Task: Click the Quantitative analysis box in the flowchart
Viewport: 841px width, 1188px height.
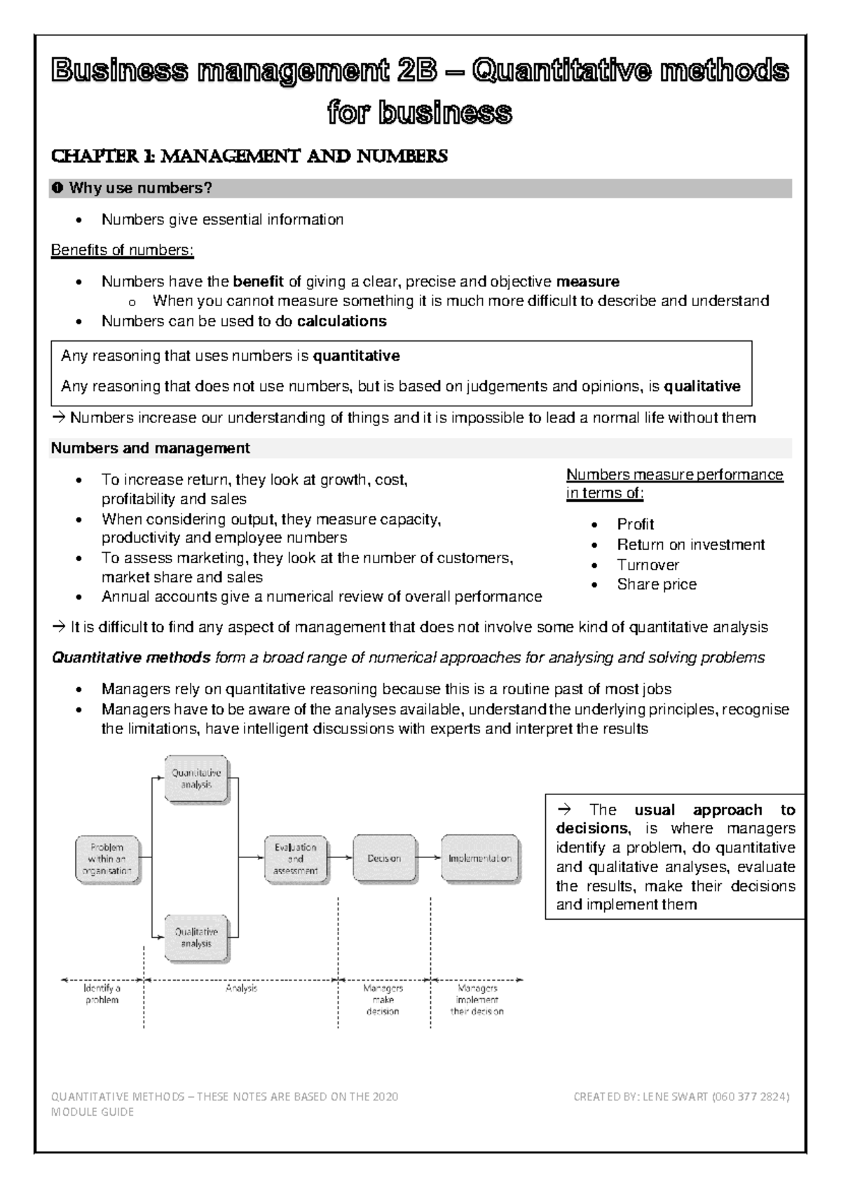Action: tap(197, 779)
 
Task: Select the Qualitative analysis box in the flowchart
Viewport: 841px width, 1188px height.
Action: tap(196, 938)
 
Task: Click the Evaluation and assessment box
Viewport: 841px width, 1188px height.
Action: tap(295, 859)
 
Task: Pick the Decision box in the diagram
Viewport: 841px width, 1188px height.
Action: tap(383, 858)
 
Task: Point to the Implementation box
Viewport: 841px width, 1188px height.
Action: tap(480, 858)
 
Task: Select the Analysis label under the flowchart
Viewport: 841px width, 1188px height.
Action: tap(241, 988)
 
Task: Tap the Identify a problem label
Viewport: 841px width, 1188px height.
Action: tap(102, 994)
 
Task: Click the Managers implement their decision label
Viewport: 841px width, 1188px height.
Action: tap(477, 1000)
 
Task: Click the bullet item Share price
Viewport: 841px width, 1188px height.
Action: tap(657, 584)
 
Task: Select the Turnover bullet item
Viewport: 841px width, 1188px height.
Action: tap(648, 565)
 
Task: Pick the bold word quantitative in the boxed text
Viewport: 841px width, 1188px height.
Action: tap(356, 356)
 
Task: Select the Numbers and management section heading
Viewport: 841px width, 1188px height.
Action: tap(150, 448)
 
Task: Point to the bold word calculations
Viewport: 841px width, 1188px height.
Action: tap(341, 321)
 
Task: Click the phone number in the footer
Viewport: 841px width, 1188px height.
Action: tap(750, 1097)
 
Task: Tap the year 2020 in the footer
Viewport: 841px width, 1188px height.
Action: tap(385, 1097)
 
